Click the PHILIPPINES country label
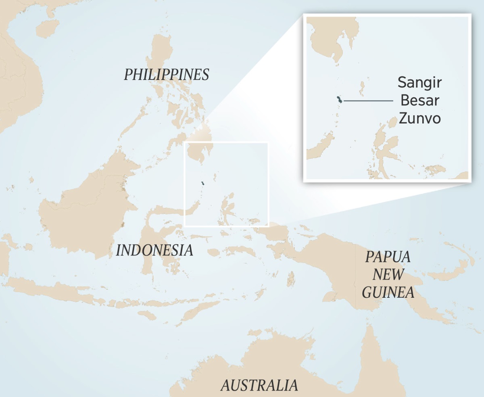[x=166, y=75]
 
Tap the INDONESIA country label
[x=154, y=251]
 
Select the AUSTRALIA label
[x=259, y=385]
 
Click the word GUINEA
[x=388, y=292]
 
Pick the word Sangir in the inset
[x=419, y=83]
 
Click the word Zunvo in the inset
[x=419, y=119]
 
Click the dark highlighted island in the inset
[x=340, y=100]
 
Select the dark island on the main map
[x=203, y=184]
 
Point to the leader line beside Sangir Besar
[x=368, y=100]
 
